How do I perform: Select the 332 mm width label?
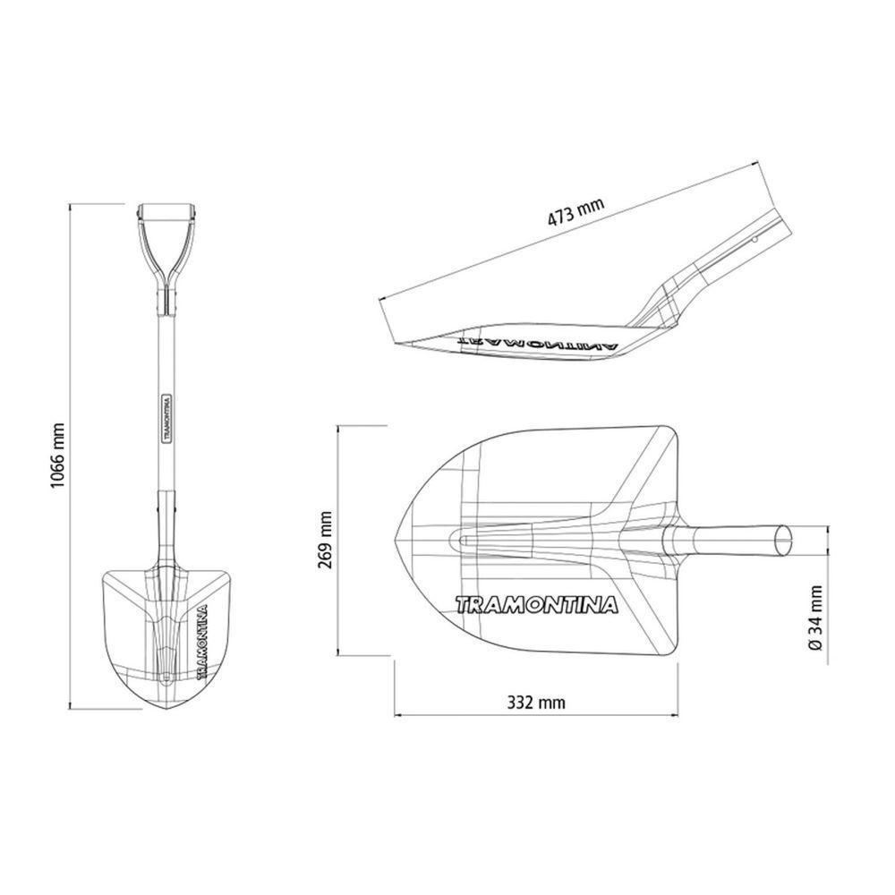536,703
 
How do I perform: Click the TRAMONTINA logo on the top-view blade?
537,606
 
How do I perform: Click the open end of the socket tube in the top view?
783,541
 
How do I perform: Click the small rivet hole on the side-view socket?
754,239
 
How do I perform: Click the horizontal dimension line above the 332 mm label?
536,716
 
